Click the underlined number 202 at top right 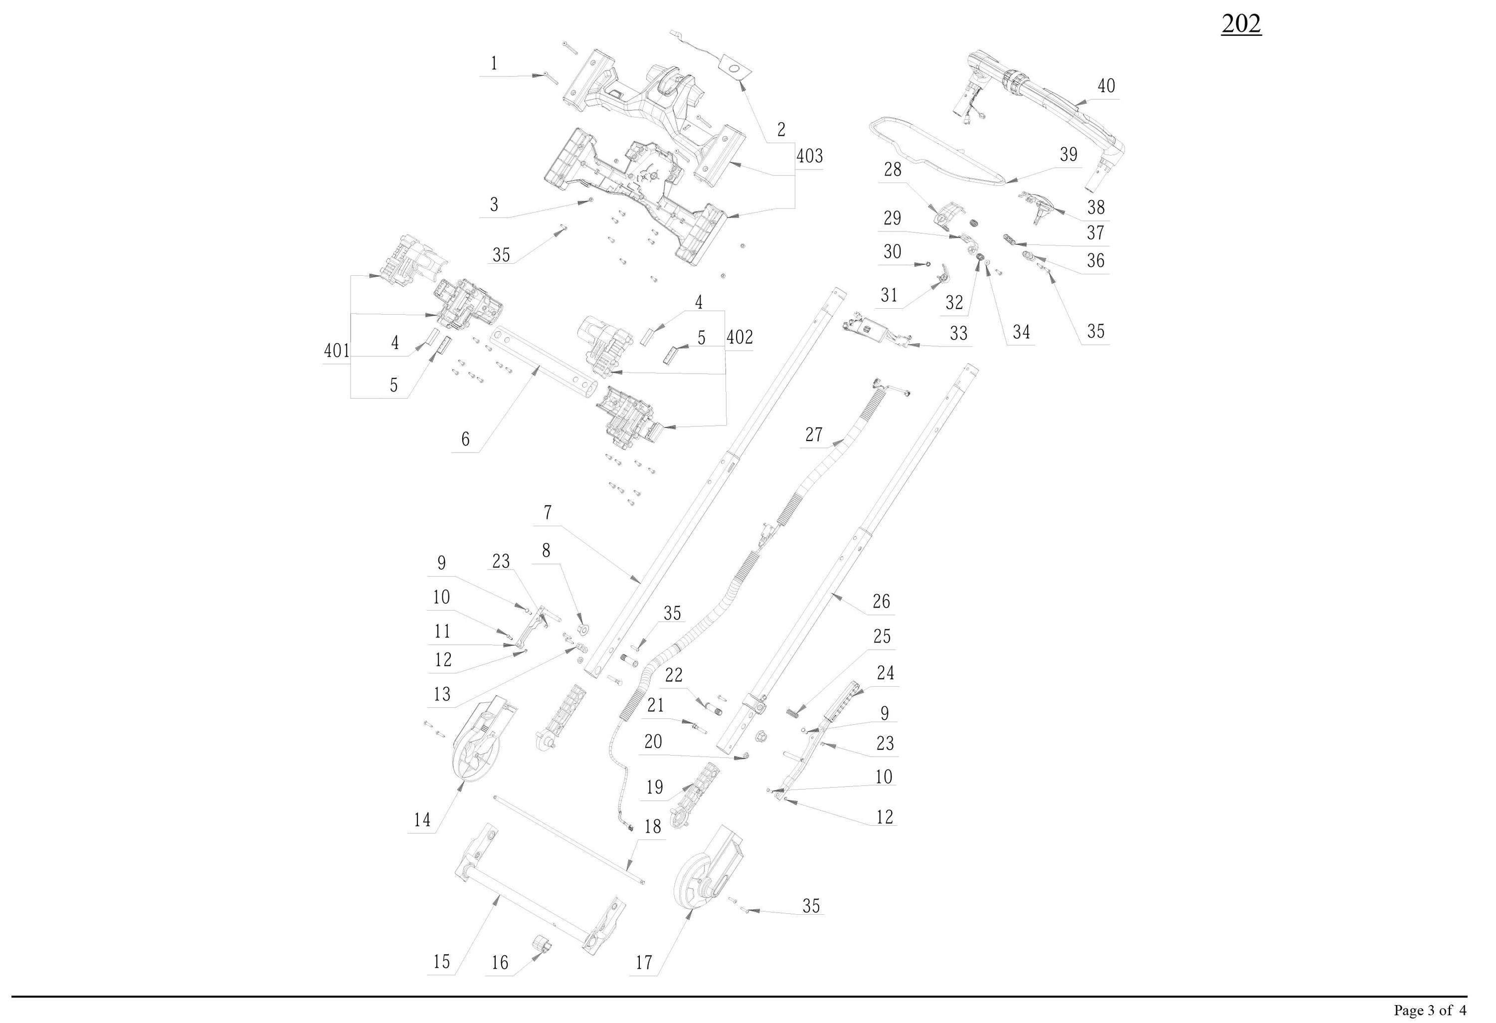pos(1241,24)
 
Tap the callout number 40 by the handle pos(1106,86)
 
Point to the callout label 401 pos(337,351)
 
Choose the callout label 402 pos(740,337)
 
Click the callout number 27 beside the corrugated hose pos(814,435)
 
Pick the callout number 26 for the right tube pos(881,602)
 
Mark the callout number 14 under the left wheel pos(422,820)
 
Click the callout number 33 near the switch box pos(958,334)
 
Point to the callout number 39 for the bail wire pos(1068,155)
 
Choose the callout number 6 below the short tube pos(465,439)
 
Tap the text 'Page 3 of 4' pos(1430,1010)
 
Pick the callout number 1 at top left pos(494,64)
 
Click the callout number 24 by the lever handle pos(885,673)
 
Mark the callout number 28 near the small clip pos(892,169)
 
